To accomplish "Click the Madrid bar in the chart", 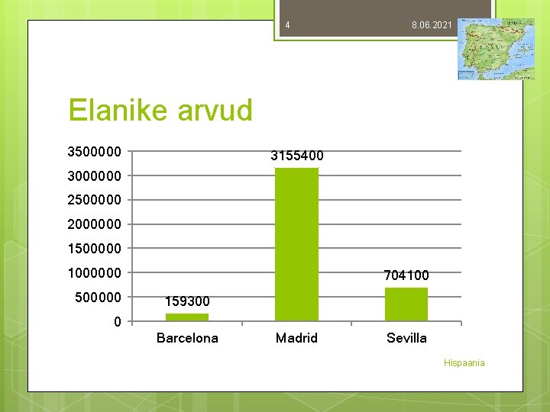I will tap(296, 244).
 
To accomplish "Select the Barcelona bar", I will tap(187, 317).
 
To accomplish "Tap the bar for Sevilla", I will tap(406, 304).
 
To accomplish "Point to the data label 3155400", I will tap(296, 156).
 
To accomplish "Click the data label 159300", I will tap(187, 302).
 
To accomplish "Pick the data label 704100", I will tap(406, 275).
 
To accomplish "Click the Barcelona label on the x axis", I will tap(187, 338).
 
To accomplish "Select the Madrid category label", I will tap(296, 338).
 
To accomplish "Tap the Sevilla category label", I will tap(406, 338).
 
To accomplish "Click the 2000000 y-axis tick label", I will tap(94, 224).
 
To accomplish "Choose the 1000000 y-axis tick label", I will tap(94, 273).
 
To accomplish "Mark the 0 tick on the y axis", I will tap(117, 322).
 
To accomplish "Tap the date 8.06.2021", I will tap(432, 26).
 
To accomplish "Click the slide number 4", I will tap(287, 26).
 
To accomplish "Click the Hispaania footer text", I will tap(464, 363).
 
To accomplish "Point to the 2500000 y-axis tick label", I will tap(94, 200).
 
